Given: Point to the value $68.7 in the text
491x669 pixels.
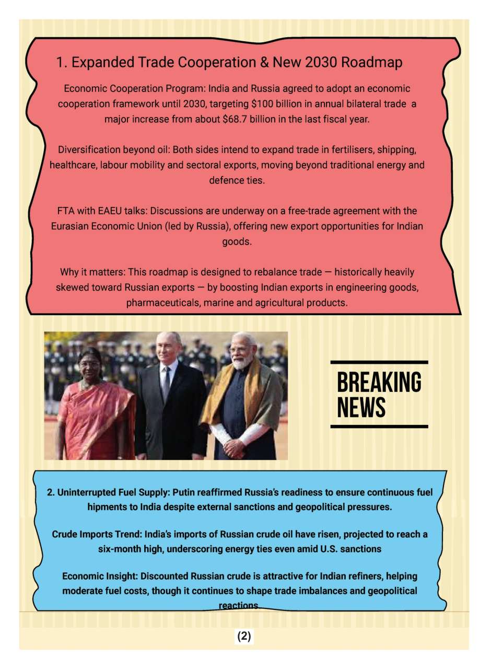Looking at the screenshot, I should pos(235,119).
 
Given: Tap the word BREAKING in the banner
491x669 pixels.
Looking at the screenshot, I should pos(379,383).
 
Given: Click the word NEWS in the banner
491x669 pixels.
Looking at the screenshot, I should pos(361,408).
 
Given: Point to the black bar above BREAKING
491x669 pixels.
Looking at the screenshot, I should pos(379,362).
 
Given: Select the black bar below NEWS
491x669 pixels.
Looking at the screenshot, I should pos(379,426).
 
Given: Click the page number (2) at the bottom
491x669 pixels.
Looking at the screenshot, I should pos(244,637).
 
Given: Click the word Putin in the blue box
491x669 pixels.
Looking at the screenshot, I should pos(184,492).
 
